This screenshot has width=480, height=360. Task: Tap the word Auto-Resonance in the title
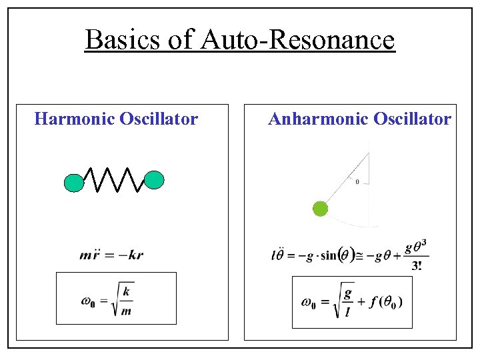[x=297, y=40]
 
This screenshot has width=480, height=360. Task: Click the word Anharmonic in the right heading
[x=317, y=119]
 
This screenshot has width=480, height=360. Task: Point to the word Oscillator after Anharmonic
[x=412, y=119]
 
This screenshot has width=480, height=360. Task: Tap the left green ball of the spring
[x=74, y=183]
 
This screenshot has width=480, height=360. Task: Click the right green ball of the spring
[x=154, y=180]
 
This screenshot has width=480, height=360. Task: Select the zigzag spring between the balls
[x=114, y=179]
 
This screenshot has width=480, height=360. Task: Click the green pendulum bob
[x=321, y=209]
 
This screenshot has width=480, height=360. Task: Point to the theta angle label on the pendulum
[x=357, y=181]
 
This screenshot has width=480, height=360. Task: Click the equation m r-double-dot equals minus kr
[x=111, y=255]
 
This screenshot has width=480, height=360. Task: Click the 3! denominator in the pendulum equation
[x=417, y=265]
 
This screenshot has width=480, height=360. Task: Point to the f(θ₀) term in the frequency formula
[x=384, y=302]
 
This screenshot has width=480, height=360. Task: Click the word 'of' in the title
[x=179, y=40]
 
